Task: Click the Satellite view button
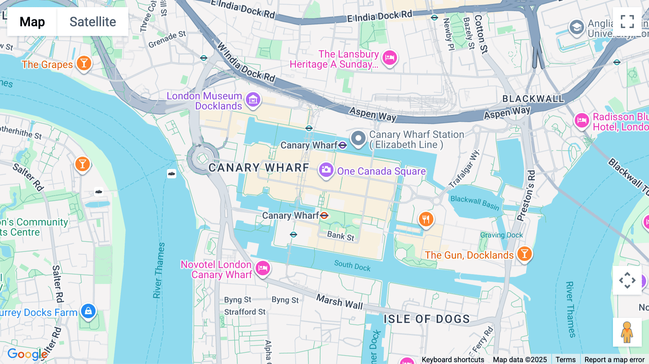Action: point(93,22)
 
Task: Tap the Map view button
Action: point(32,22)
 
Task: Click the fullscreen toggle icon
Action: point(627,22)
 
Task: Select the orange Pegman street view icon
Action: point(627,332)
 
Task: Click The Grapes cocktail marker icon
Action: point(84,63)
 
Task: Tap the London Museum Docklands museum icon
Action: point(253,99)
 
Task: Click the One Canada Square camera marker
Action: point(326,170)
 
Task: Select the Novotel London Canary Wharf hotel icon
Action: point(263,268)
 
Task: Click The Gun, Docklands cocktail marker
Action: point(525,254)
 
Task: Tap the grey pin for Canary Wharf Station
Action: point(358,138)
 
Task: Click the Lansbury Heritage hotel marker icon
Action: point(390,57)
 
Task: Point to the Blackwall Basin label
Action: point(475,203)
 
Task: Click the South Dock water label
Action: point(352,266)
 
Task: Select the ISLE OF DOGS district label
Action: point(427,319)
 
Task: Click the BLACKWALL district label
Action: point(533,99)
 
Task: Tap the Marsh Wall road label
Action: point(339,302)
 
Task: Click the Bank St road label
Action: point(341,236)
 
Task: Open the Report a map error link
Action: point(614,359)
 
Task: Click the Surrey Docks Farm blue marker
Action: point(88,311)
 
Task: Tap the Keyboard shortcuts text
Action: point(453,359)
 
